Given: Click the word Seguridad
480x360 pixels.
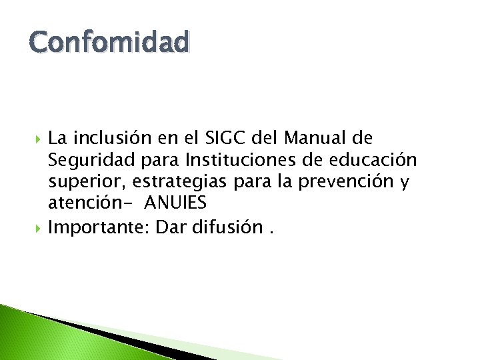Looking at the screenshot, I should pyautogui.click(x=83, y=161).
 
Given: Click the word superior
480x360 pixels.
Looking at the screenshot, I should pyautogui.click(x=77, y=182).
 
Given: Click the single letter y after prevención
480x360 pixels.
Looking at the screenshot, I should pyautogui.click(x=403, y=183).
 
